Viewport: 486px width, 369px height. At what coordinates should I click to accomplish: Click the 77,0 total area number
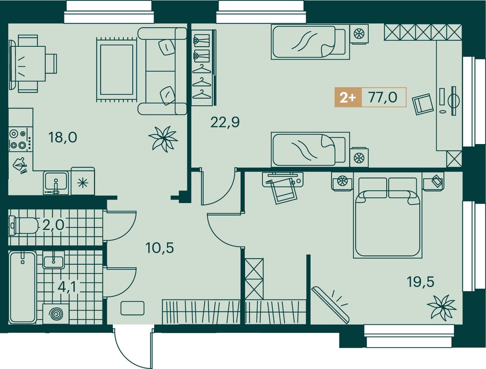(383, 97)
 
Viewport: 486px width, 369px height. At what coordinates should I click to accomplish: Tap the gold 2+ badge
(348, 97)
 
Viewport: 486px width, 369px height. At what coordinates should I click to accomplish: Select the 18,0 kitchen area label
(63, 137)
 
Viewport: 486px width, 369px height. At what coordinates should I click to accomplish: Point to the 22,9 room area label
(225, 122)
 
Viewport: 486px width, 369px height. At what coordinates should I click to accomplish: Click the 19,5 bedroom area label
(420, 282)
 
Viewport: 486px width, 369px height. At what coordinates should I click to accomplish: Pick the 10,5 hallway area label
(159, 248)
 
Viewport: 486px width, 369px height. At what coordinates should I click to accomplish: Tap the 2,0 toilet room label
(53, 224)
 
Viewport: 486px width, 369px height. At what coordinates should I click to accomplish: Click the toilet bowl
(24, 225)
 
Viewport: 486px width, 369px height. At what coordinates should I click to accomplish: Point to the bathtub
(23, 287)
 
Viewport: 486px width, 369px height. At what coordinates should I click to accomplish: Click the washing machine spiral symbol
(56, 314)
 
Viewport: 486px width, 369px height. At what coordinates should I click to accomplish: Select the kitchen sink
(56, 183)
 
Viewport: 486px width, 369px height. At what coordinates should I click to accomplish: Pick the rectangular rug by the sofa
(117, 70)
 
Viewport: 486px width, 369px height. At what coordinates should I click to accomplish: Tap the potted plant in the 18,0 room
(163, 138)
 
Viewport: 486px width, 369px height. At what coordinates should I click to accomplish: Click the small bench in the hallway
(132, 308)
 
